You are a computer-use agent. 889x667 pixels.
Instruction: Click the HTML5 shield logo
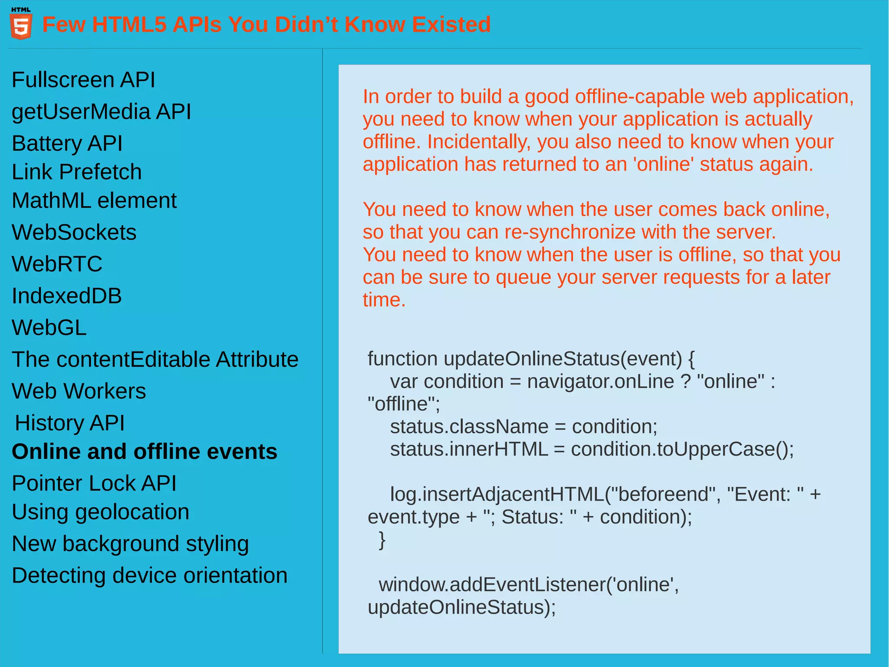tap(21, 25)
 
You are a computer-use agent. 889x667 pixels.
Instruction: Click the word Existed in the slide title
tap(451, 25)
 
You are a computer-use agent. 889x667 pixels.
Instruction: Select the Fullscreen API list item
tap(83, 80)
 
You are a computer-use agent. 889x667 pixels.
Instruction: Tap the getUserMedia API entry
tap(101, 112)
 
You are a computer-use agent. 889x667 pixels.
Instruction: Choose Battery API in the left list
tap(67, 143)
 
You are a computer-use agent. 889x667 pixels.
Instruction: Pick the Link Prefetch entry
tap(76, 172)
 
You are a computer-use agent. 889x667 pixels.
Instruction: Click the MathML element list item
tap(94, 201)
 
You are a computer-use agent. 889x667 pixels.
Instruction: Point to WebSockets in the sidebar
tap(74, 232)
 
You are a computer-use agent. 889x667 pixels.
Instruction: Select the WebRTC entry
tap(57, 264)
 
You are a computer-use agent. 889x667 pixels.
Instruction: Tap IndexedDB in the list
tap(66, 296)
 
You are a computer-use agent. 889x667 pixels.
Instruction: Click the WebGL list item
tap(49, 328)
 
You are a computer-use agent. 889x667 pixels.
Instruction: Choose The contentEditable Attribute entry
tap(155, 359)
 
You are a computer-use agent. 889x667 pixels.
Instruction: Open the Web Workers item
tap(79, 391)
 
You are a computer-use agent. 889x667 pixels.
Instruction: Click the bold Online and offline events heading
tap(144, 451)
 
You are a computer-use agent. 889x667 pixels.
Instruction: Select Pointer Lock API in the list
tap(94, 483)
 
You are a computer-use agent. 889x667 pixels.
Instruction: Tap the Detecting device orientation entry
tap(149, 575)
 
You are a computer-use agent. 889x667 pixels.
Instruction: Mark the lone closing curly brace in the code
tap(382, 540)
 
